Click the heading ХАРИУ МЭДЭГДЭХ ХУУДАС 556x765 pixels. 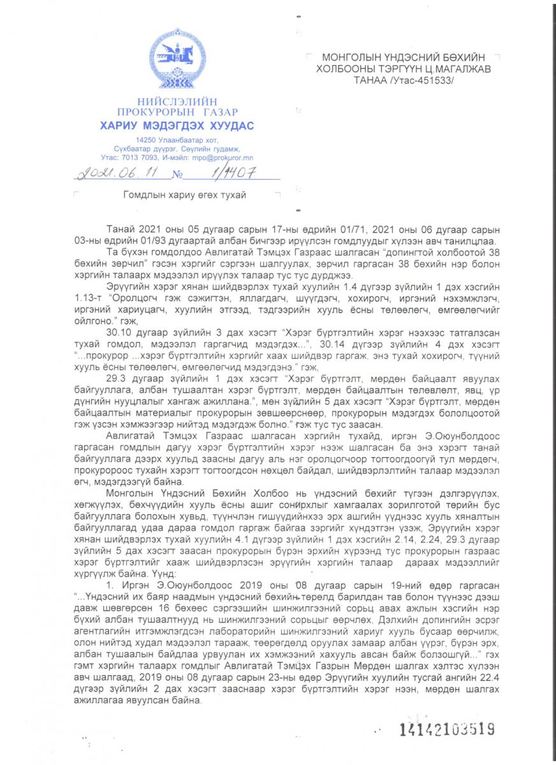coord(177,126)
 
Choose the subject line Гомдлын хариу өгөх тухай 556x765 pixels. coord(184,195)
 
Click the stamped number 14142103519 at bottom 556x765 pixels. coord(446,729)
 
